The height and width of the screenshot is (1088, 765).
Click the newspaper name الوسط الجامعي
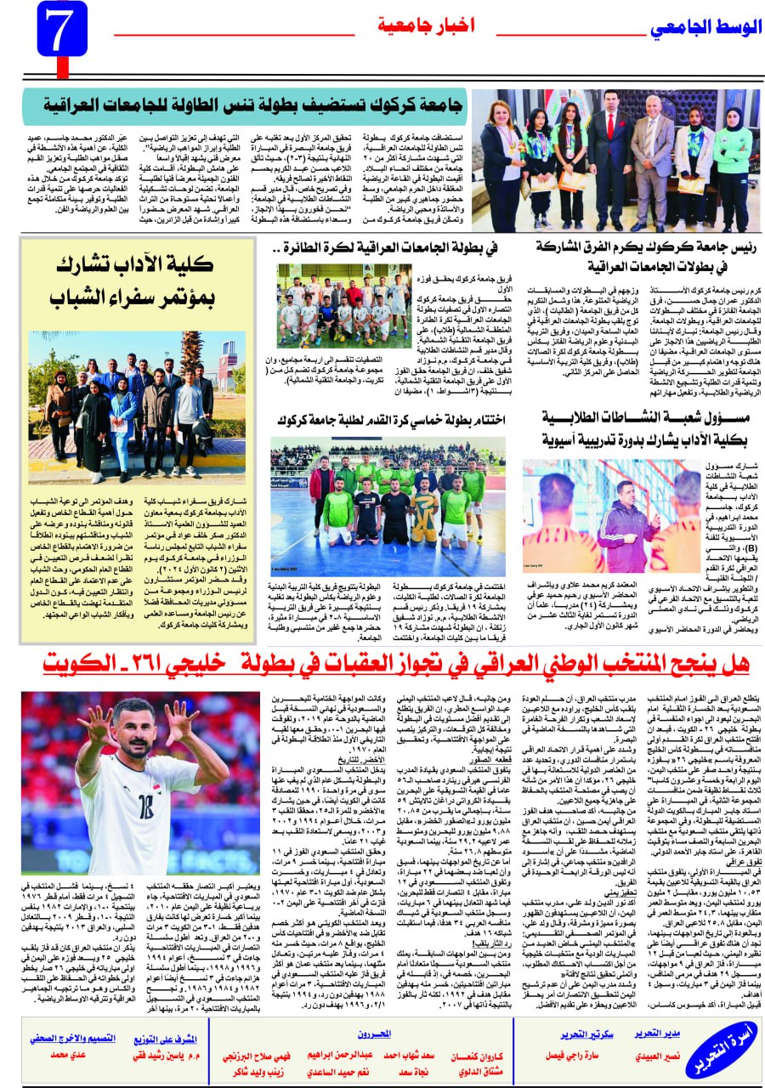(x=705, y=27)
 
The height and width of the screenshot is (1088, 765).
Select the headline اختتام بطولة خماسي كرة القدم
(x=388, y=421)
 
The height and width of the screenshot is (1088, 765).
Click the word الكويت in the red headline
(x=77, y=662)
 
